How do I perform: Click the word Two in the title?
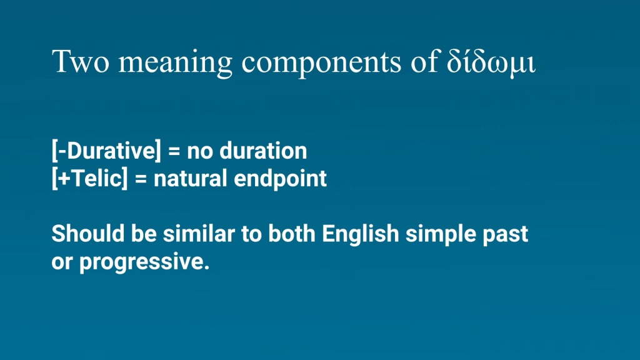(81, 61)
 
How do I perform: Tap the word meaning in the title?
(176, 63)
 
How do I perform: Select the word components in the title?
(322, 63)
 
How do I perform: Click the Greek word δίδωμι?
(491, 62)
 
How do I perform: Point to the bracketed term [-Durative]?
(106, 151)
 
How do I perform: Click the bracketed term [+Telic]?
(90, 178)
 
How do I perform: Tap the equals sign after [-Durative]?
(174, 151)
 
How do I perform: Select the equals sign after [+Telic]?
(141, 179)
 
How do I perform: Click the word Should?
(88, 234)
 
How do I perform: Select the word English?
(361, 234)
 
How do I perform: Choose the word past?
(506, 236)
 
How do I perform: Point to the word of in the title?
(424, 61)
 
